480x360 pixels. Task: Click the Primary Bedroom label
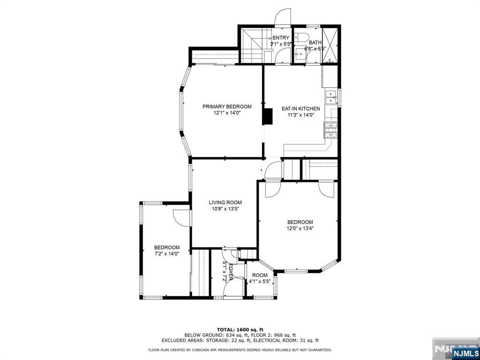coord(227,106)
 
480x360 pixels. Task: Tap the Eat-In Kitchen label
coord(300,109)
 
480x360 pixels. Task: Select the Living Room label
coord(225,202)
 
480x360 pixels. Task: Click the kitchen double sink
coord(331,97)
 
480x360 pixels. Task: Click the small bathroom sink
coord(300,55)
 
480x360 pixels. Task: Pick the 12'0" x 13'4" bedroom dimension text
coord(300,228)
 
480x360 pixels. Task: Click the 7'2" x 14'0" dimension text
coord(167,254)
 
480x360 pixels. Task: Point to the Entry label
coord(281,37)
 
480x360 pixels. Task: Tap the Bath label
coord(315,43)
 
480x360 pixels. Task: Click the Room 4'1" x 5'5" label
coord(260,278)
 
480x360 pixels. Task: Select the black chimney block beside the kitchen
coord(268,116)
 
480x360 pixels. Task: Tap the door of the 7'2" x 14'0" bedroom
coord(182,217)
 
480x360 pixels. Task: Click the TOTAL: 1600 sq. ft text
coord(240,330)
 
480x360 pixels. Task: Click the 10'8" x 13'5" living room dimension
coord(225,209)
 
